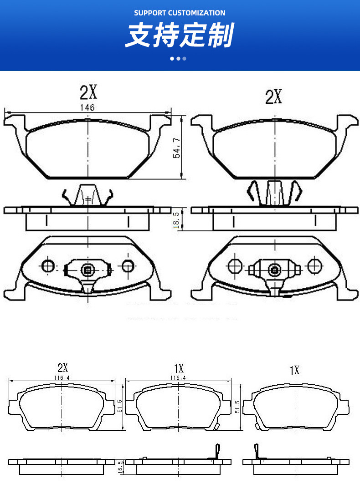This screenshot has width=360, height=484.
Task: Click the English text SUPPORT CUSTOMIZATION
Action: tap(180, 13)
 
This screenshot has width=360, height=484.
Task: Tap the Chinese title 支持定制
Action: tap(180, 36)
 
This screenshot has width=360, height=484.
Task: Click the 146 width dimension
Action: tap(87, 107)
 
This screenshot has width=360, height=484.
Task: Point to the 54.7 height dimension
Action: tap(177, 148)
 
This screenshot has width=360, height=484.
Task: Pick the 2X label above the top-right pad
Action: tap(273, 97)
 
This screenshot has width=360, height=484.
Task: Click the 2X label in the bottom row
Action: tap(62, 367)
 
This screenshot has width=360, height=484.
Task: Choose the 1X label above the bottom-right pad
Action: tap(294, 370)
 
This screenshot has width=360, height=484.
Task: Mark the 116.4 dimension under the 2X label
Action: tap(62, 377)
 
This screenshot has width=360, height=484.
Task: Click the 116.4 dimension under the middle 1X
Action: tap(178, 377)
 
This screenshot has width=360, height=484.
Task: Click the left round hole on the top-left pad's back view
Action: tap(48, 266)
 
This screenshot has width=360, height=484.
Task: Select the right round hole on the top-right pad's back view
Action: tap(314, 265)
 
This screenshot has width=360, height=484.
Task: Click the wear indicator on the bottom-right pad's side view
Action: tap(257, 452)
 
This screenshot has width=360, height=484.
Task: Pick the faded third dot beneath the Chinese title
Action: tap(185, 59)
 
